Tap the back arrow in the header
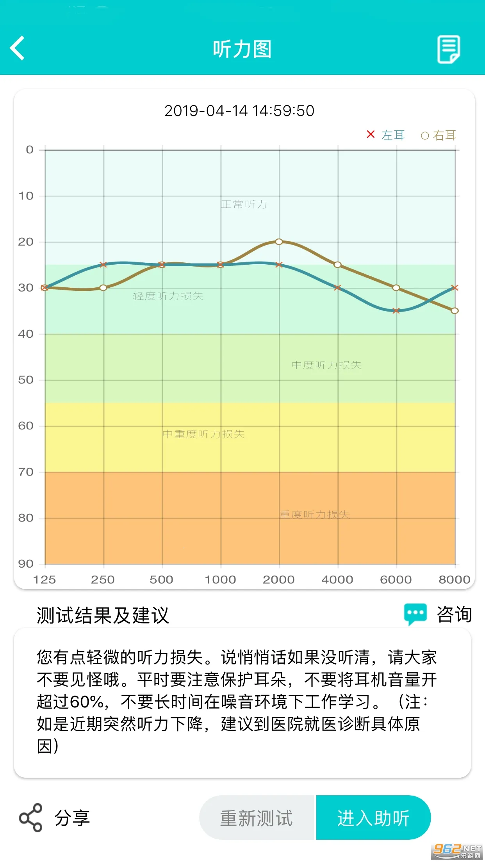[x=18, y=48]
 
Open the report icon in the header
[x=448, y=49]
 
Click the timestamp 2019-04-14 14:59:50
[x=239, y=111]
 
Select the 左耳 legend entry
[x=386, y=135]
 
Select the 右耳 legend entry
[x=439, y=135]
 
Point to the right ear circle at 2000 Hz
[x=279, y=242]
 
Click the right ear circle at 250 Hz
[x=103, y=288]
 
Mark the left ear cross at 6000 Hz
[x=396, y=311]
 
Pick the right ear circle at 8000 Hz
[x=455, y=311]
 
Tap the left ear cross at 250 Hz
[x=103, y=265]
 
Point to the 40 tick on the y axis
[x=26, y=334]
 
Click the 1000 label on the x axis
[x=220, y=580]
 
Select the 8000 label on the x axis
[x=454, y=580]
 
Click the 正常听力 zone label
[x=244, y=204]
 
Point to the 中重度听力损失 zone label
[x=203, y=434]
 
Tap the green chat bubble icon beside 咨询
[x=415, y=614]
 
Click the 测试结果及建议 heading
[x=103, y=616]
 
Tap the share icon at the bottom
[x=30, y=817]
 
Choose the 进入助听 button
[x=373, y=818]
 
